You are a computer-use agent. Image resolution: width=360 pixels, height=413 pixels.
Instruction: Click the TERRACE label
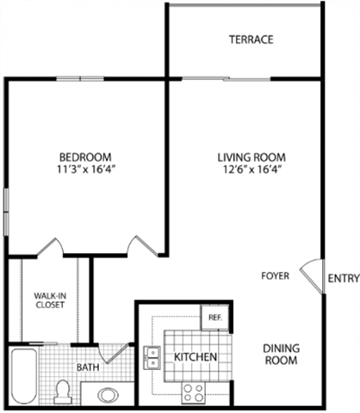[x=251, y=40]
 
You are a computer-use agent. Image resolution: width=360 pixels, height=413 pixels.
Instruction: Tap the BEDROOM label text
[x=85, y=157]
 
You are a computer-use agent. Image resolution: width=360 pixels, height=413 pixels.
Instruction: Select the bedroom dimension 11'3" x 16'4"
[x=85, y=170]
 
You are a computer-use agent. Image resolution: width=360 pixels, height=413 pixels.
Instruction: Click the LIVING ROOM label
[x=251, y=157]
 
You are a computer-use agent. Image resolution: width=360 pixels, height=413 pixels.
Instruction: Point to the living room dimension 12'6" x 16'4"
[x=251, y=170]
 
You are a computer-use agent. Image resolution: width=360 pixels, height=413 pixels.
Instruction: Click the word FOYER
[x=276, y=276]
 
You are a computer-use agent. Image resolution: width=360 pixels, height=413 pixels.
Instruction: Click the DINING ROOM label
[x=280, y=354]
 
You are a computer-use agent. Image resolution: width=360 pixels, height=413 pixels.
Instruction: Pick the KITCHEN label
[x=196, y=357]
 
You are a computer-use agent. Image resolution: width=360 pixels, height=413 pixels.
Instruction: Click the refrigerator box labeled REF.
[x=213, y=317]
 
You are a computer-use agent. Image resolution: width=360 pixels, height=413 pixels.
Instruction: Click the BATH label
[x=88, y=367]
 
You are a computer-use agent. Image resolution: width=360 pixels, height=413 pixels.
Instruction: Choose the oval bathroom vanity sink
[x=109, y=395]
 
